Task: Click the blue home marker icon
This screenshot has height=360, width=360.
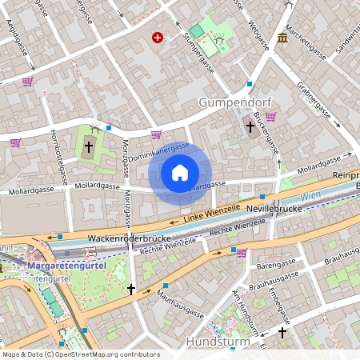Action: (x=180, y=172)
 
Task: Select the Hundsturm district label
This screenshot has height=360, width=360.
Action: (x=218, y=342)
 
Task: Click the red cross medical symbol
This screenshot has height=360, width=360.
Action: (x=158, y=38)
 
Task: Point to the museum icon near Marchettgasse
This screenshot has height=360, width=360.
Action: (x=283, y=38)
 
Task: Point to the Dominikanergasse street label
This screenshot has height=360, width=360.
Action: (x=159, y=151)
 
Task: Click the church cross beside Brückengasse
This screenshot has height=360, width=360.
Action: (x=250, y=126)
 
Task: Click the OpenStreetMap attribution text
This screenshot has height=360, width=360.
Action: (x=70, y=354)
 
